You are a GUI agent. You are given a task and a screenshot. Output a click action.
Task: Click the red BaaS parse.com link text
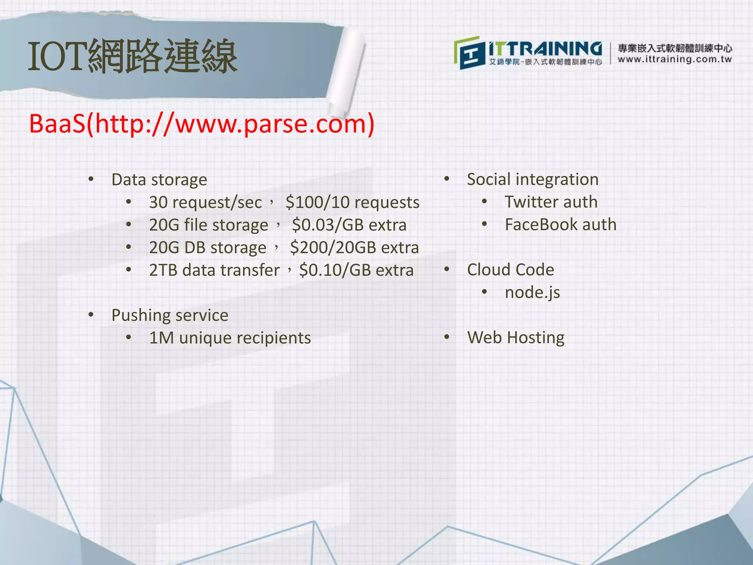(x=201, y=124)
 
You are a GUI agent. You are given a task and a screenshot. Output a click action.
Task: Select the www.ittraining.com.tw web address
(x=675, y=60)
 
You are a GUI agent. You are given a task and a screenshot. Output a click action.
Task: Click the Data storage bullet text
(x=159, y=180)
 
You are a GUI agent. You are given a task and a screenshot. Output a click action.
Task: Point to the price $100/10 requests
(x=352, y=203)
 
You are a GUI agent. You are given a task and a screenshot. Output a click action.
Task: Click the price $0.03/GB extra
(x=349, y=225)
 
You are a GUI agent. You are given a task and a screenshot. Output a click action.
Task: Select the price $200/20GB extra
(x=354, y=248)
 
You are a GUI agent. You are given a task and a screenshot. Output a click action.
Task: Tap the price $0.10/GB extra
(x=356, y=270)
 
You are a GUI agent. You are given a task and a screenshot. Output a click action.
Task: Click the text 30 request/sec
(x=205, y=203)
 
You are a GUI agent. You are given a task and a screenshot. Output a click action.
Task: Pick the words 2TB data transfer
(x=214, y=270)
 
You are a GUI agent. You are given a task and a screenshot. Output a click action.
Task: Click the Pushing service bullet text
(x=170, y=315)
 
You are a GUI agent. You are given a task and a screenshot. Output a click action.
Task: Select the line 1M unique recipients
(x=230, y=338)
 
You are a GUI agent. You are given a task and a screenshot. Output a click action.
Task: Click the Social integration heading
(x=532, y=180)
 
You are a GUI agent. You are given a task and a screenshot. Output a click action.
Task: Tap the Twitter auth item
(x=551, y=202)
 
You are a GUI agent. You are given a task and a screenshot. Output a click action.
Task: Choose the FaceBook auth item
(x=560, y=225)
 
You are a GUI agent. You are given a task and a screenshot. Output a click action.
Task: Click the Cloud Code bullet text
(x=510, y=270)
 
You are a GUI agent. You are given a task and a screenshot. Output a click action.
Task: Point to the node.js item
(x=532, y=293)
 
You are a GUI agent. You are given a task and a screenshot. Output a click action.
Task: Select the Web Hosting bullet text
(x=515, y=338)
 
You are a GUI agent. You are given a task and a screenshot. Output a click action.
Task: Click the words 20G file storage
(x=208, y=225)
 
